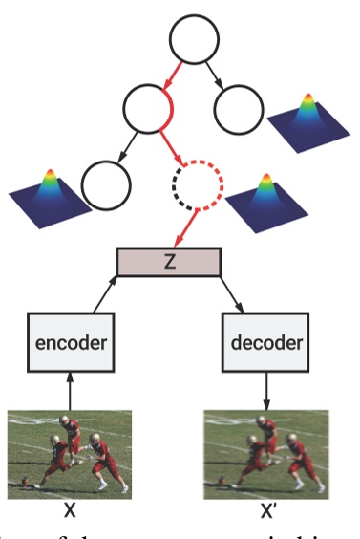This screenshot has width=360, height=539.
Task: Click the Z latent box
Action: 169,261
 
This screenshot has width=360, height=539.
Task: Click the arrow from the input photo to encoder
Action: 69,388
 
